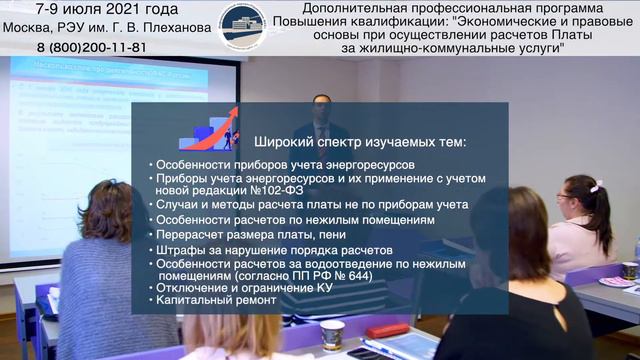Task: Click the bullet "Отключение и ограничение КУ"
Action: [x=245, y=286]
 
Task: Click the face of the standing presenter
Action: [x=321, y=105]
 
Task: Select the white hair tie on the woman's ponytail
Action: [x=597, y=186]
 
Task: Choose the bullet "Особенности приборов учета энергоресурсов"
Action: [x=281, y=164]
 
